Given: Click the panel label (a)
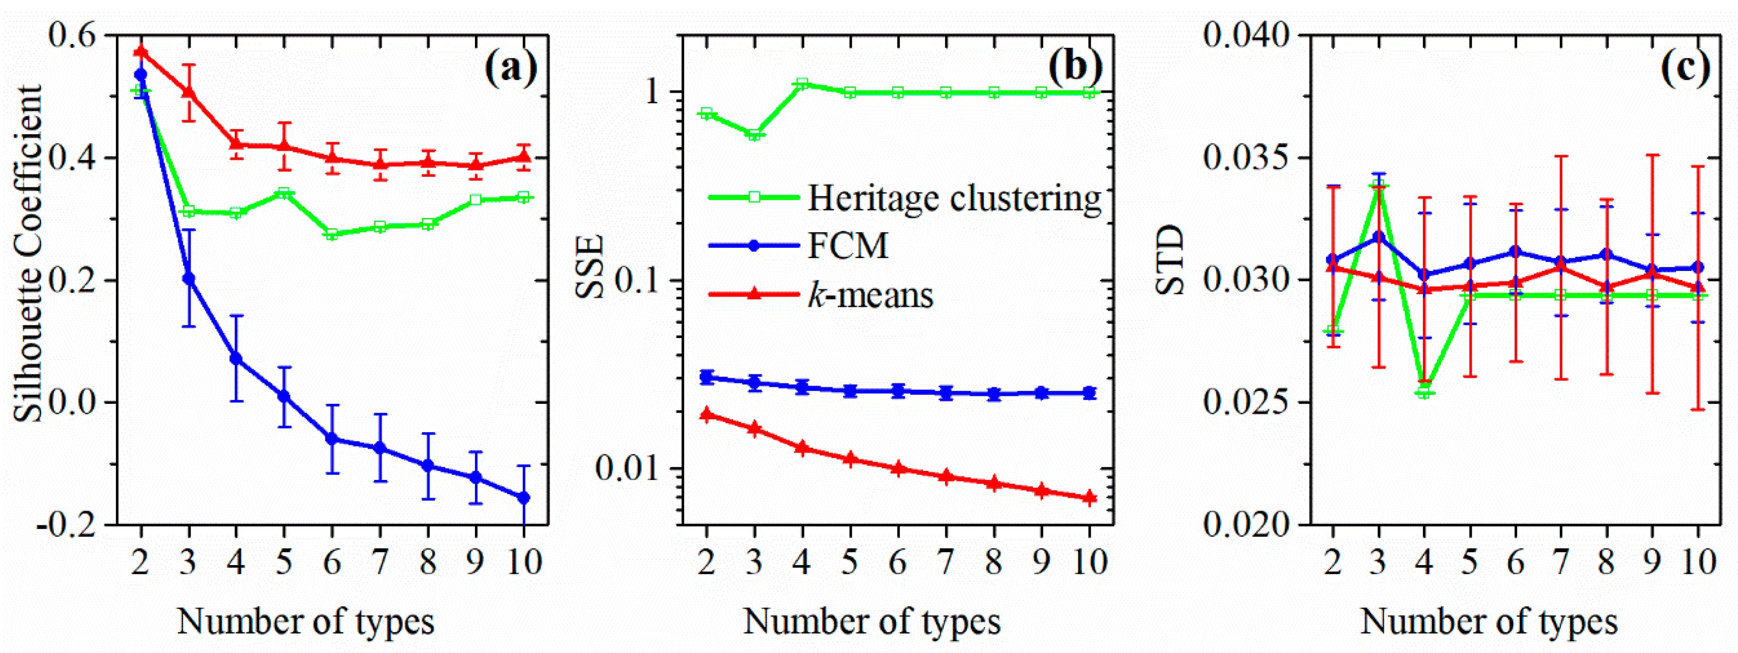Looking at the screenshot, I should (x=511, y=68).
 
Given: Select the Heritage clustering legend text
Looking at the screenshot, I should (x=955, y=198).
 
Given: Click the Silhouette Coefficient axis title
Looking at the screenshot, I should (x=28, y=253).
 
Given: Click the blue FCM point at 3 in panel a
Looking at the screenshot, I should (x=189, y=279).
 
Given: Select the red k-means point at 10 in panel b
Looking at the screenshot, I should (x=1089, y=498).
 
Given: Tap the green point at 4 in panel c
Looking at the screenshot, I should (x=1424, y=392).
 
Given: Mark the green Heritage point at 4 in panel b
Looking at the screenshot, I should (x=801, y=84).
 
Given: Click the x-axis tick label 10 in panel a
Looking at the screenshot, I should (x=524, y=562).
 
